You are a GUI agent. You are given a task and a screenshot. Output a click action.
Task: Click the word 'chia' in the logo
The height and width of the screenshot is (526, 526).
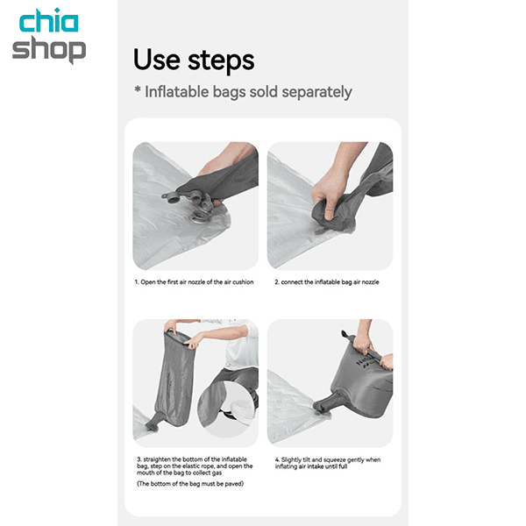[49, 20]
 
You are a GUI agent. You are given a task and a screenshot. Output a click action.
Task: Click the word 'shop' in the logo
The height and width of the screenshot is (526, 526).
[49, 50]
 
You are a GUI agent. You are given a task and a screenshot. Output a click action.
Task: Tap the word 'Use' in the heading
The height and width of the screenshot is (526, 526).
[157, 60]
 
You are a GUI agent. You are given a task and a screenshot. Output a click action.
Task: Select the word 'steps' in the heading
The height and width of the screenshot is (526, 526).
[221, 61]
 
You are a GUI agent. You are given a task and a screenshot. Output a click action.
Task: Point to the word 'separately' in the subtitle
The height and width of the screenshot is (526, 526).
[316, 92]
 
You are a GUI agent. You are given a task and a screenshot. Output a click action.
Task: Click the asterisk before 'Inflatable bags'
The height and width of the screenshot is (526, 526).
[138, 89]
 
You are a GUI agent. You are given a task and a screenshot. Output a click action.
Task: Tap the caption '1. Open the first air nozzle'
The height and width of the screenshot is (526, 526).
[194, 282]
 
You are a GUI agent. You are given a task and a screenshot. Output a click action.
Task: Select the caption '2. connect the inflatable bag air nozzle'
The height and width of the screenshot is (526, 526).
[327, 282]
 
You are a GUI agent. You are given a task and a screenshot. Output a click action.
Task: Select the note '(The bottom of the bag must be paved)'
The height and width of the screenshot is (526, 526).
[190, 484]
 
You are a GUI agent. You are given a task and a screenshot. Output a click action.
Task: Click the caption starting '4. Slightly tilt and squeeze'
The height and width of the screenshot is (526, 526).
[328, 463]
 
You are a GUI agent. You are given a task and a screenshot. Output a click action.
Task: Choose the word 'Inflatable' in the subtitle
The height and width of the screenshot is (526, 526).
[177, 91]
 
